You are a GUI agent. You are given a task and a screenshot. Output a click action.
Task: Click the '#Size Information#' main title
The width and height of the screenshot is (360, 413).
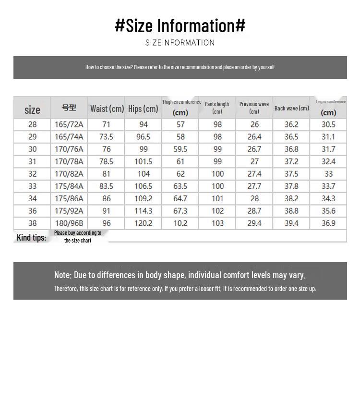(180, 25)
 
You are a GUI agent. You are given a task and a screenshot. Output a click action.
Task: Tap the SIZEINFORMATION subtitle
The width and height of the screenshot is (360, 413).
(180, 43)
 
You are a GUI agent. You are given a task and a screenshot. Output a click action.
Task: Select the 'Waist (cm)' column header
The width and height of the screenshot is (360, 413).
(107, 109)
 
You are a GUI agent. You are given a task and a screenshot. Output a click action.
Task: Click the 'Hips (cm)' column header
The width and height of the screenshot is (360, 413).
(143, 109)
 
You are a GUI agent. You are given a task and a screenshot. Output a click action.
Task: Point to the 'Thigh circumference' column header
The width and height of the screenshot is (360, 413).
(181, 102)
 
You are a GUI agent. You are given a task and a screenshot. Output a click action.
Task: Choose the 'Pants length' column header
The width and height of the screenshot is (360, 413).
(217, 104)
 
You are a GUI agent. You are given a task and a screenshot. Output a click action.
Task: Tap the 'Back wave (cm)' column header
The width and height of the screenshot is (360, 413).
(291, 109)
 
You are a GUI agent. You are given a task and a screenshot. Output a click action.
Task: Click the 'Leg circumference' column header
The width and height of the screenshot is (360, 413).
(331, 102)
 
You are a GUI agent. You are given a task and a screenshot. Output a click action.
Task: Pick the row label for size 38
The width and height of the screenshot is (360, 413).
(32, 223)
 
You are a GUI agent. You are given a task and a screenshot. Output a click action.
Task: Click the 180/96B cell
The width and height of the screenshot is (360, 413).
(69, 223)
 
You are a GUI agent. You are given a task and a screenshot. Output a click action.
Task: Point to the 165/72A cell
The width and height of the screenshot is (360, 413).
(69, 124)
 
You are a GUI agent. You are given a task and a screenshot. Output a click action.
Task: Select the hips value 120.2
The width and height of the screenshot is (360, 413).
(144, 223)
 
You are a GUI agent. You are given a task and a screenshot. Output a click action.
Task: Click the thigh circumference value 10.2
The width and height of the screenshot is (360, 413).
(180, 223)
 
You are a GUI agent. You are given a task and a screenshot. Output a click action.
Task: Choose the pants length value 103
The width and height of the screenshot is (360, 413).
(217, 223)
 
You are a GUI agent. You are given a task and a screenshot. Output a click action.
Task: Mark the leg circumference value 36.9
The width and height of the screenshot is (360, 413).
(328, 223)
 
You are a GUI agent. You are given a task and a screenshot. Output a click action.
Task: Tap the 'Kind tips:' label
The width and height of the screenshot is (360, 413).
(31, 237)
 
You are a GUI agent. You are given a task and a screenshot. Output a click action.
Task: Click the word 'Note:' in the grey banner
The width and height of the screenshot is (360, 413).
(63, 275)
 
